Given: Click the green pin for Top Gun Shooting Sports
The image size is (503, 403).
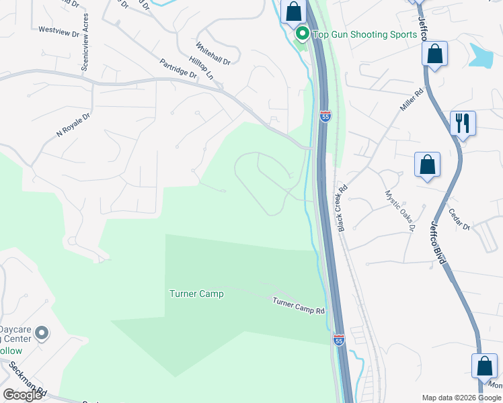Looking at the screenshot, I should (x=302, y=34).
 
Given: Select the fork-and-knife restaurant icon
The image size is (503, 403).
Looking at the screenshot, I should (x=463, y=124).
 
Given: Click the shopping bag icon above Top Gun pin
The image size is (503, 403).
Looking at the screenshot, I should (x=293, y=12).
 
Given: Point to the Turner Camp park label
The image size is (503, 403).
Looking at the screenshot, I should (x=196, y=294).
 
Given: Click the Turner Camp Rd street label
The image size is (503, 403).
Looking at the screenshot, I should (x=299, y=306).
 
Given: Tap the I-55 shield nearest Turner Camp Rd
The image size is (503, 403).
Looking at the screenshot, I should (x=338, y=341).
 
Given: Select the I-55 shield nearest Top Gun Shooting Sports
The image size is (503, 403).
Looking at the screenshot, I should (x=325, y=117).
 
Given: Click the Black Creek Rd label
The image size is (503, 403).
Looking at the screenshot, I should (x=342, y=209).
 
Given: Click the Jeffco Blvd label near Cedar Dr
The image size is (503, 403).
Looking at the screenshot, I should (x=438, y=242).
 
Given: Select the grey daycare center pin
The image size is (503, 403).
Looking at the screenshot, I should (x=42, y=332).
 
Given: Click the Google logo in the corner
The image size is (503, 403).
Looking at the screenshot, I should (x=23, y=395).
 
